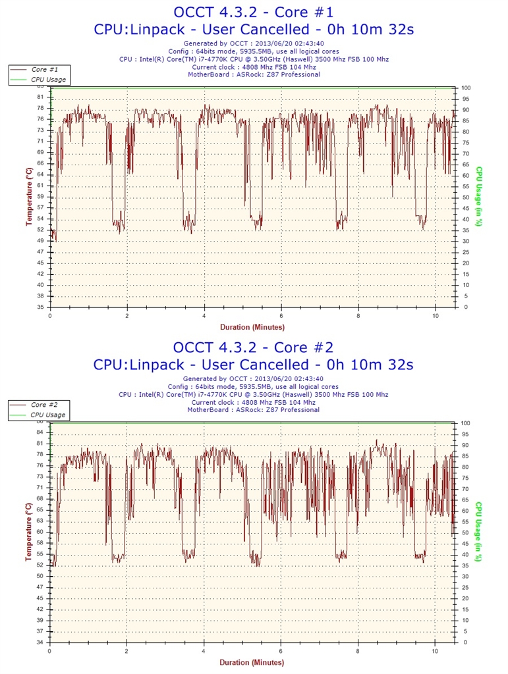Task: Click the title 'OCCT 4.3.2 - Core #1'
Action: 254,12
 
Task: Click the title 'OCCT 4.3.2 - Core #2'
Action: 254,347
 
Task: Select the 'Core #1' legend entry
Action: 44,69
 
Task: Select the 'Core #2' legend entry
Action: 44,405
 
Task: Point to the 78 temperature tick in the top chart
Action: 41,108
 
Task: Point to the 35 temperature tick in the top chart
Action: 41,307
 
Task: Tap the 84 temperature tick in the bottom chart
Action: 41,432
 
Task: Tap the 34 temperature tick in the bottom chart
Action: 41,642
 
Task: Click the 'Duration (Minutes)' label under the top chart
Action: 252,326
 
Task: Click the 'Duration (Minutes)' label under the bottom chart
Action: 252,662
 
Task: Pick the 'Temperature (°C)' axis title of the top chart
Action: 29,196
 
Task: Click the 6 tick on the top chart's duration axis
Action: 281,315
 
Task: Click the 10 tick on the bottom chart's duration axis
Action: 436,650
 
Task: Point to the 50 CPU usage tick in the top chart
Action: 466,197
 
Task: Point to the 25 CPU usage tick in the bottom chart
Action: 466,587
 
